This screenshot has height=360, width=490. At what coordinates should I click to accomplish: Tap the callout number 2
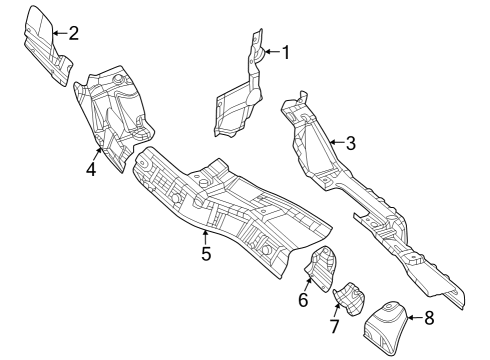pyautogui.click(x=74, y=33)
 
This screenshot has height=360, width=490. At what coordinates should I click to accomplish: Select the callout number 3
pyautogui.click(x=350, y=142)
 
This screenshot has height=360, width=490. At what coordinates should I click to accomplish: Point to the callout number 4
pyautogui.click(x=91, y=169)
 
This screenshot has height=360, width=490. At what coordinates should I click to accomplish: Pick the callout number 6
pyautogui.click(x=303, y=298)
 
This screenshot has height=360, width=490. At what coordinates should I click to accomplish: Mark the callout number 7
pyautogui.click(x=336, y=327)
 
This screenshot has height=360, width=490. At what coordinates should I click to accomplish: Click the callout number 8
pyautogui.click(x=429, y=319)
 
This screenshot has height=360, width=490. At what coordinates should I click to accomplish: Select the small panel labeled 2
pyautogui.click(x=44, y=45)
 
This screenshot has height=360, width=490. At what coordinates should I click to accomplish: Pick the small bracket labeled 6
pyautogui.click(x=322, y=268)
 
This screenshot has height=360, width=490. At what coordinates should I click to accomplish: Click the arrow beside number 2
pyautogui.click(x=58, y=33)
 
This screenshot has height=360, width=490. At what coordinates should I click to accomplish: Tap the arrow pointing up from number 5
pyautogui.click(x=204, y=236)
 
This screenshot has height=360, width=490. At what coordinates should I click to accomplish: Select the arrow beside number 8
pyautogui.click(x=412, y=319)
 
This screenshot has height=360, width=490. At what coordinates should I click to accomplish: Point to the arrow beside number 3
pyautogui.click(x=334, y=142)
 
